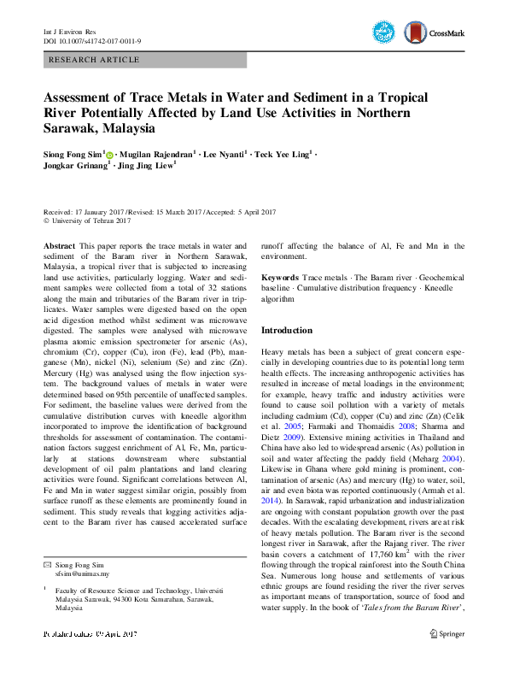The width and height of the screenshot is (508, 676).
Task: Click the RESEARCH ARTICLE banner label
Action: coord(95,60)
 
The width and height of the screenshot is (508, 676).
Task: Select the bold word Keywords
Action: coord(279,279)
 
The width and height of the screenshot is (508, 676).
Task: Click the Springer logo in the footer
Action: coord(447,657)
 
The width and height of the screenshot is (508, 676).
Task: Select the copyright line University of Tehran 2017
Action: coord(91,220)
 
